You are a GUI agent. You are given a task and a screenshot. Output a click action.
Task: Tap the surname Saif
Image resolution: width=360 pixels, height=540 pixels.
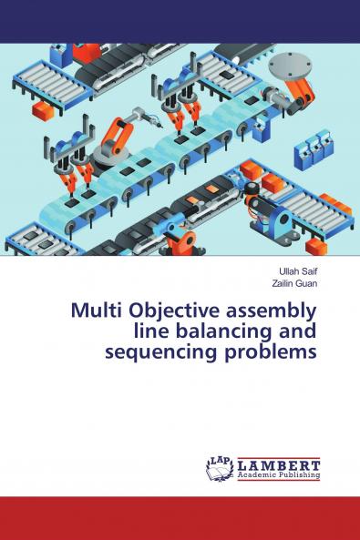pos(309,271)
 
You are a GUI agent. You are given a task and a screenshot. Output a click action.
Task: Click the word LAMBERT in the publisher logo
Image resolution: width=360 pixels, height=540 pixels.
pos(279,463)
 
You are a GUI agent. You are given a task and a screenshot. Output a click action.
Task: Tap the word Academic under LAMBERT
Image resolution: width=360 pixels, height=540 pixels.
pos(257,474)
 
